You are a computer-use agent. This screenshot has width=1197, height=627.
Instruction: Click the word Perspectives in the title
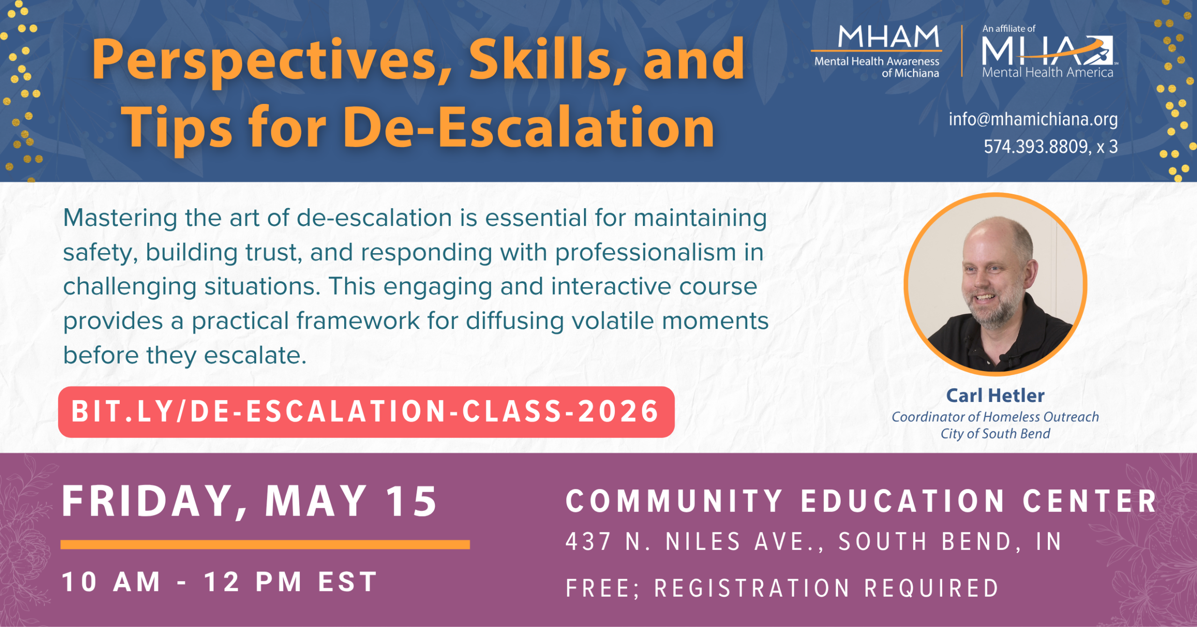tap(271, 60)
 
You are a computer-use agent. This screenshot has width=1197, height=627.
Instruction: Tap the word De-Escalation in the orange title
tap(531, 127)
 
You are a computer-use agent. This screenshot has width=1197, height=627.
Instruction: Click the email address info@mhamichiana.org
tap(1033, 119)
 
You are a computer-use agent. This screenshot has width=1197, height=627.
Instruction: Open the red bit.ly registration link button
tap(366, 412)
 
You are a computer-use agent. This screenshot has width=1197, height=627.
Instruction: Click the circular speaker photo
tap(995, 284)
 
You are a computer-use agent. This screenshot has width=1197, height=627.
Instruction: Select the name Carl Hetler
tap(995, 395)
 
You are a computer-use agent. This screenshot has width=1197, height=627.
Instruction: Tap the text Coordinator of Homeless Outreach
tap(995, 416)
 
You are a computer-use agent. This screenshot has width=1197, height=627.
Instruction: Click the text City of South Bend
tap(995, 434)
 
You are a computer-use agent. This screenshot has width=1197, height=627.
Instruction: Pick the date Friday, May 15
tap(250, 502)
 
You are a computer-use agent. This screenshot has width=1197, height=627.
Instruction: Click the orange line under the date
tap(265, 544)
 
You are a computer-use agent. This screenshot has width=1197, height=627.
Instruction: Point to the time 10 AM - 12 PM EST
tap(220, 582)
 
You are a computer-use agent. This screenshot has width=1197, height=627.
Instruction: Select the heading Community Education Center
tap(860, 502)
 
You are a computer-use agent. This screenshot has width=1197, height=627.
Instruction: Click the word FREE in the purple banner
tap(599, 588)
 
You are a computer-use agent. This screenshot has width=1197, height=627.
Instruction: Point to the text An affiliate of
tap(1009, 29)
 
